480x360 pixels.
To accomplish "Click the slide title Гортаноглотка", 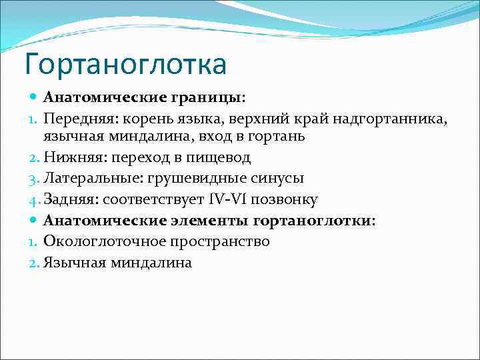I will click(125, 65).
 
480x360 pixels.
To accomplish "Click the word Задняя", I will click(69, 199).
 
